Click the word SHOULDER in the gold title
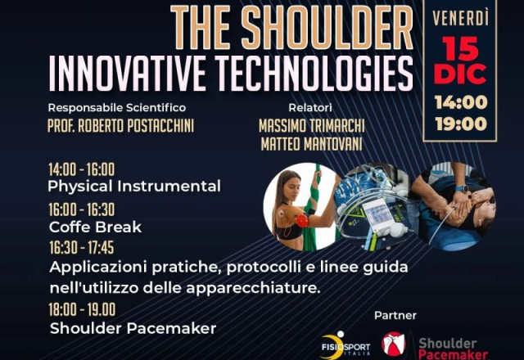[327, 27]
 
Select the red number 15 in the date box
[460, 48]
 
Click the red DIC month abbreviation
[460, 74]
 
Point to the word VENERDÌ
[460, 18]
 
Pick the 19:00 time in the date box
[461, 124]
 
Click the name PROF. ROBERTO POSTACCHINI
[120, 126]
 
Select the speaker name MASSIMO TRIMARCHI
[311, 126]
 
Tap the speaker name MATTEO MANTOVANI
[311, 145]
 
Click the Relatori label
[310, 107]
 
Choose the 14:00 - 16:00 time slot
[82, 169]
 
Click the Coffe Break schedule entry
[95, 227]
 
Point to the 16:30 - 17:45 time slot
[82, 248]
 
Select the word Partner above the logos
[395, 315]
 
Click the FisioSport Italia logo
[345, 346]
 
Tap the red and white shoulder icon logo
[394, 344]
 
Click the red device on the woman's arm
[301, 221]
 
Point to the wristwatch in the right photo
[462, 188]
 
